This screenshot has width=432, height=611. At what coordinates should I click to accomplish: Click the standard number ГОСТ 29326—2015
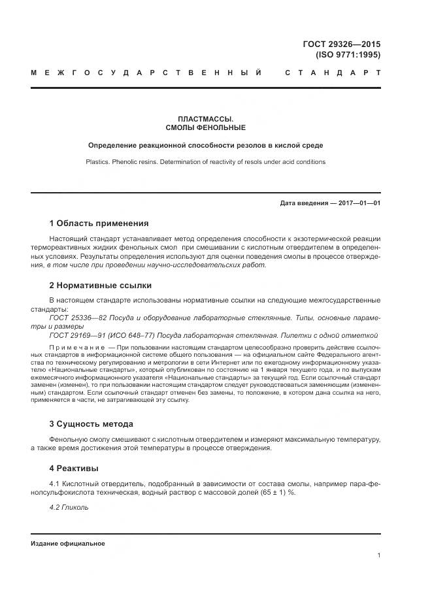341,44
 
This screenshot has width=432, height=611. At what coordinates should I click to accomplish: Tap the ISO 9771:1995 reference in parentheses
348,55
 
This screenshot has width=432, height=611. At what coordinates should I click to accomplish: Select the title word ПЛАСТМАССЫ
206,118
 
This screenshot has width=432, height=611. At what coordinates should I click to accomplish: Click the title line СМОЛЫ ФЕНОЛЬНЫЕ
206,127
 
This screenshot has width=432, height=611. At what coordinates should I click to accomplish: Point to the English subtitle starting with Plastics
206,161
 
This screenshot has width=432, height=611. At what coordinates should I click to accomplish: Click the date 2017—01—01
358,203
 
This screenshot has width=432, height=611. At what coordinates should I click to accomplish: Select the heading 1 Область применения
99,223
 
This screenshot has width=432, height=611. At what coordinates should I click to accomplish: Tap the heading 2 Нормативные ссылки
100,285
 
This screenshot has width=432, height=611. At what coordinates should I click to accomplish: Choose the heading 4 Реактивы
74,468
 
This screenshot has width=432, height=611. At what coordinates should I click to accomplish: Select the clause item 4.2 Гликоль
69,507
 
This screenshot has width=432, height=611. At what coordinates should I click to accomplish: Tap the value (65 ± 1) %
275,492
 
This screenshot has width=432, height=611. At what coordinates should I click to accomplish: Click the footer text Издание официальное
68,544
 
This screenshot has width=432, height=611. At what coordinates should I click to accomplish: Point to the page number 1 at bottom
378,555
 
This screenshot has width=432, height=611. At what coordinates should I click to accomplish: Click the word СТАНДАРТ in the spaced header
333,73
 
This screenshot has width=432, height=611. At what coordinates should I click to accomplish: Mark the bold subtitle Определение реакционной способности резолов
206,145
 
